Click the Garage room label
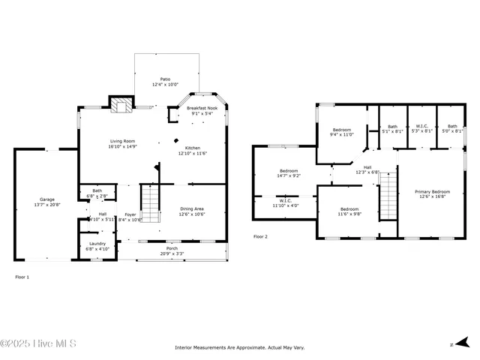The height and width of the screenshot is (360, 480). pyautogui.click(x=46, y=199)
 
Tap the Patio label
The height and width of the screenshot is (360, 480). pyautogui.click(x=165, y=79)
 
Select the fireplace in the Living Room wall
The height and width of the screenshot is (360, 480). pyautogui.click(x=120, y=105)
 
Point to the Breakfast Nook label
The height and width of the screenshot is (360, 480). pyautogui.click(x=203, y=109)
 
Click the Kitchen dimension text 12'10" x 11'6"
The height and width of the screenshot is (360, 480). pyautogui.click(x=192, y=153)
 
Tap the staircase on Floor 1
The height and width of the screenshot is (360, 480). pyautogui.click(x=151, y=203)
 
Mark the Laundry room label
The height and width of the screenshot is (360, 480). pyautogui.click(x=97, y=243)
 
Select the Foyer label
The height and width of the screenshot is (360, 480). pyautogui.click(x=130, y=214)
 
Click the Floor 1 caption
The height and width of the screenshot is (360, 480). pyautogui.click(x=22, y=277)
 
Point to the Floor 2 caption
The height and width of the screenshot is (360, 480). pyautogui.click(x=260, y=236)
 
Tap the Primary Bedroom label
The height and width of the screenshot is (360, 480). pyautogui.click(x=433, y=192)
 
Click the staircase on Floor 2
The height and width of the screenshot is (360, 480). pyautogui.click(x=388, y=195)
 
